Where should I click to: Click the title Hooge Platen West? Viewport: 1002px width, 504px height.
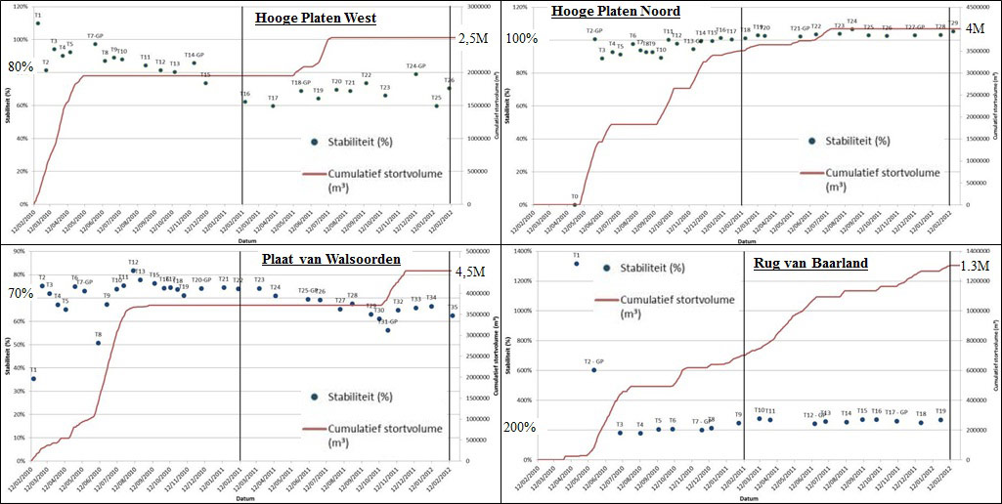pyautogui.click(x=316, y=18)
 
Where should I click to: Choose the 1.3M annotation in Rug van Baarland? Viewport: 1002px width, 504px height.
pyautogui.click(x=975, y=266)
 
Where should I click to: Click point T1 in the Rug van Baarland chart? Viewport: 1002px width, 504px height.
pyautogui.click(x=576, y=264)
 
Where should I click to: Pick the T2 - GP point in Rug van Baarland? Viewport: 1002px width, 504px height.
pyautogui.click(x=593, y=370)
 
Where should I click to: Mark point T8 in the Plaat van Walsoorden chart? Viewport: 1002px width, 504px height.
pyautogui.click(x=98, y=343)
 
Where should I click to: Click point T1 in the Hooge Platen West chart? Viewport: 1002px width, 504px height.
pyautogui.click(x=37, y=23)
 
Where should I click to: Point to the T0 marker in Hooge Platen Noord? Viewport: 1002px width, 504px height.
pyautogui.click(x=575, y=204)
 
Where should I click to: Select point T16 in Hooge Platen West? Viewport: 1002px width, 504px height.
pyautogui.click(x=245, y=102)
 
